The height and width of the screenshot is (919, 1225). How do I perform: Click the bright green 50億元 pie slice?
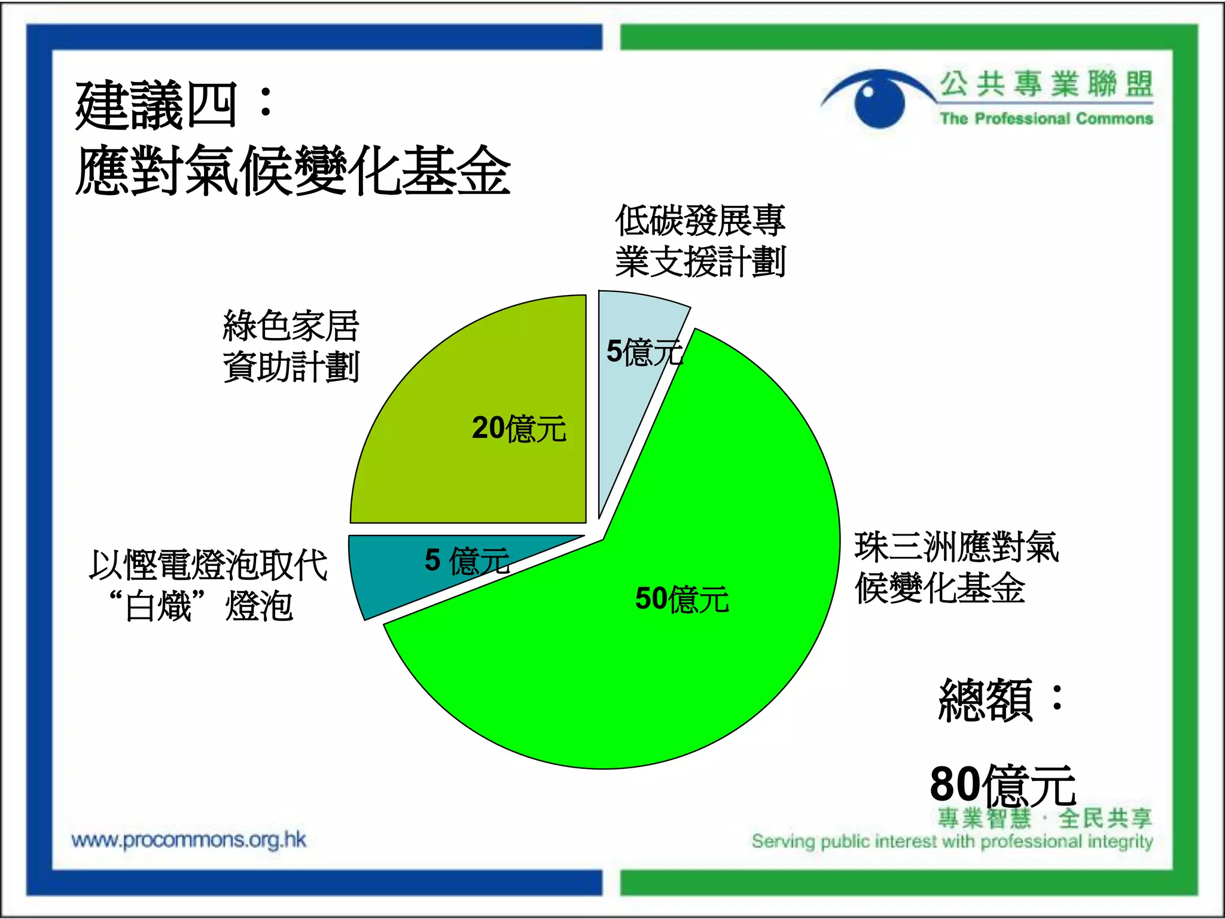pos(688,670)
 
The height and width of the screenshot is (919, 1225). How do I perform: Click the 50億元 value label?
pos(682,598)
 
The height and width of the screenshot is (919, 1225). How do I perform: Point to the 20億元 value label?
pos(519,428)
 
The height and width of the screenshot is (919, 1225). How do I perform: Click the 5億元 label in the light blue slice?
pos(644,351)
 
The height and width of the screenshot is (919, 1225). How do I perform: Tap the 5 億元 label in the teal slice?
pos(467,561)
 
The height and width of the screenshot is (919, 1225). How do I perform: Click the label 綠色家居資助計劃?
pos(291,346)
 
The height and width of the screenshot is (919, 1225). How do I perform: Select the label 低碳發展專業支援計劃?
pos(700,241)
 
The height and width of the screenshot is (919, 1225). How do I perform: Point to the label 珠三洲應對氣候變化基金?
pos(956,567)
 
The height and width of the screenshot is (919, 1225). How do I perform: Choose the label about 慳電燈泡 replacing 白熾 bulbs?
pos(208,585)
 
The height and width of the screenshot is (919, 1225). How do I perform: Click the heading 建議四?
pos(173,105)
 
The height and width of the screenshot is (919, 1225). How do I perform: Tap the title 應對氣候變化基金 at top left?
pos(293,171)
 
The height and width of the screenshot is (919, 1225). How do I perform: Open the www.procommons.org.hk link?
pos(188,840)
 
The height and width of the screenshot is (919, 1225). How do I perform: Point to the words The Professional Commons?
pos(1046,118)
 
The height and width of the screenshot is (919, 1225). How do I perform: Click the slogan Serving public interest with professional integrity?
pos(952,841)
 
